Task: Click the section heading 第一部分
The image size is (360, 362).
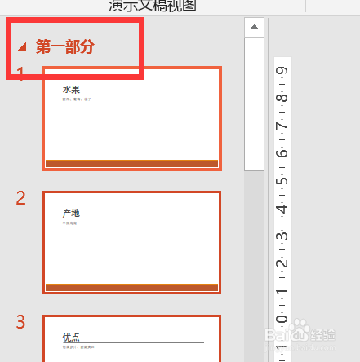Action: [x=65, y=46]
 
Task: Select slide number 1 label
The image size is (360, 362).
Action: [x=20, y=74]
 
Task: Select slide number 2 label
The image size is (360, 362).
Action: [x=21, y=198]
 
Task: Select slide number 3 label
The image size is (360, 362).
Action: [x=21, y=321]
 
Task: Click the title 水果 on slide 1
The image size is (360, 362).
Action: [x=72, y=89]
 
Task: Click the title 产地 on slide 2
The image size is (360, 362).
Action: [x=72, y=214]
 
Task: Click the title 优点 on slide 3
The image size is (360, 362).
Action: [x=72, y=337]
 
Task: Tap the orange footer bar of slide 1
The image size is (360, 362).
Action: [x=131, y=164]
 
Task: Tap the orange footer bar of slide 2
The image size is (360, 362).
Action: [x=131, y=287]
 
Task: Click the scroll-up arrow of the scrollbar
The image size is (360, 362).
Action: [x=255, y=28]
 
